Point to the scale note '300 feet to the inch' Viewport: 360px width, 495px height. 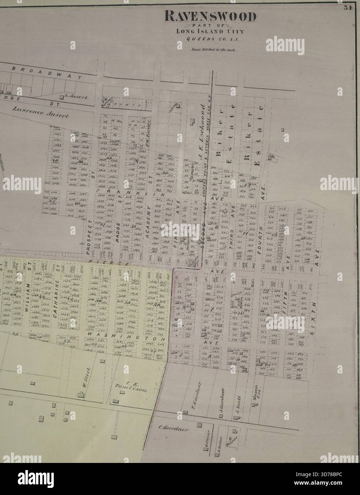point(212,50)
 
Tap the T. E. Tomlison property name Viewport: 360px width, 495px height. point(131,388)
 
